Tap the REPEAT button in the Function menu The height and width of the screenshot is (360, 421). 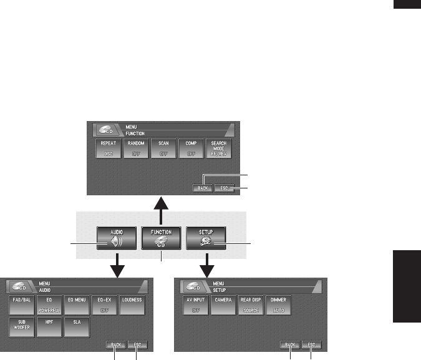point(109,151)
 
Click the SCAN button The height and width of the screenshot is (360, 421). point(164,151)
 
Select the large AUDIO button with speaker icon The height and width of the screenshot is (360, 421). point(117,238)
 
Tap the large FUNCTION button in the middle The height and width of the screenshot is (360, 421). point(162,238)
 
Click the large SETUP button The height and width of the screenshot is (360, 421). point(206,238)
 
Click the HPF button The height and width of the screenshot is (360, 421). point(48,326)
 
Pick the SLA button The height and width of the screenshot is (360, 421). point(76,326)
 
